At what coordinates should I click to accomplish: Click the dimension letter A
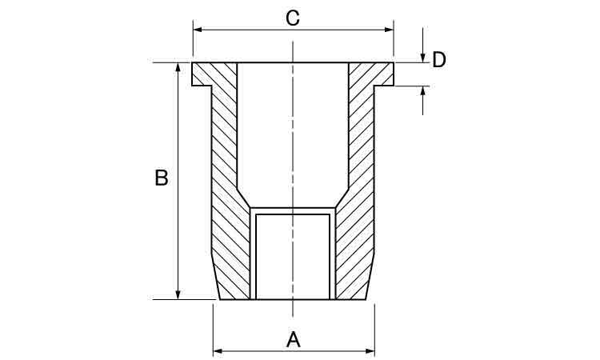click(x=293, y=340)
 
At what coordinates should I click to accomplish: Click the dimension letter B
click(x=162, y=178)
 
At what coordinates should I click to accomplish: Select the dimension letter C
click(x=293, y=18)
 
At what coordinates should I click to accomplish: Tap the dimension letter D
click(x=439, y=60)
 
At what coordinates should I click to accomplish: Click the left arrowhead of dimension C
click(x=198, y=30)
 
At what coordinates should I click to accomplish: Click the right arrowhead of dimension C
click(x=389, y=30)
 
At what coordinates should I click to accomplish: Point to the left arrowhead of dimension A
click(x=218, y=351)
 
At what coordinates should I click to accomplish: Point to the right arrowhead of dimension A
click(x=370, y=351)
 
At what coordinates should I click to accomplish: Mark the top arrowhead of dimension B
click(x=178, y=67)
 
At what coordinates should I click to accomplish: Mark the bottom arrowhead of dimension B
click(x=178, y=294)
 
